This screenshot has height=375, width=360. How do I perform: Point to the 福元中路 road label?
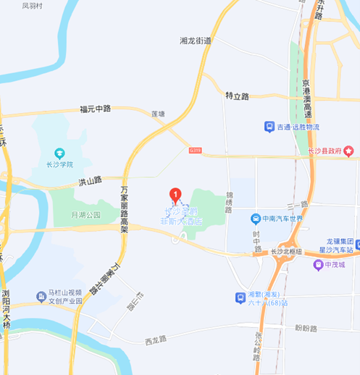(96, 109)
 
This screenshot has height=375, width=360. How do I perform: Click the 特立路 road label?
(237, 96)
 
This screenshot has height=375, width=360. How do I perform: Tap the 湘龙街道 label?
(196, 41)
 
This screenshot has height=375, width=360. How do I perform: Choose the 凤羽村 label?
(33, 5)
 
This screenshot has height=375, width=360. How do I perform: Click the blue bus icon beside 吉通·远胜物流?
(269, 126)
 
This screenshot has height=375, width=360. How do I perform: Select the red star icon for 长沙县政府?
(349, 151)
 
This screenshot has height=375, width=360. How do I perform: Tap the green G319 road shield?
(194, 150)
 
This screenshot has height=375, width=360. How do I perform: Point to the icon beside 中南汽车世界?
(255, 218)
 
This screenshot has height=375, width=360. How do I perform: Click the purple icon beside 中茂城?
(317, 264)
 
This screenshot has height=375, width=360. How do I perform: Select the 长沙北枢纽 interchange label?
(285, 251)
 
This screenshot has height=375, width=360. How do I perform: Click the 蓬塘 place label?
(157, 114)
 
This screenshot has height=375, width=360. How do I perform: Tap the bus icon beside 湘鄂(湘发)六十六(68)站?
(240, 298)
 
